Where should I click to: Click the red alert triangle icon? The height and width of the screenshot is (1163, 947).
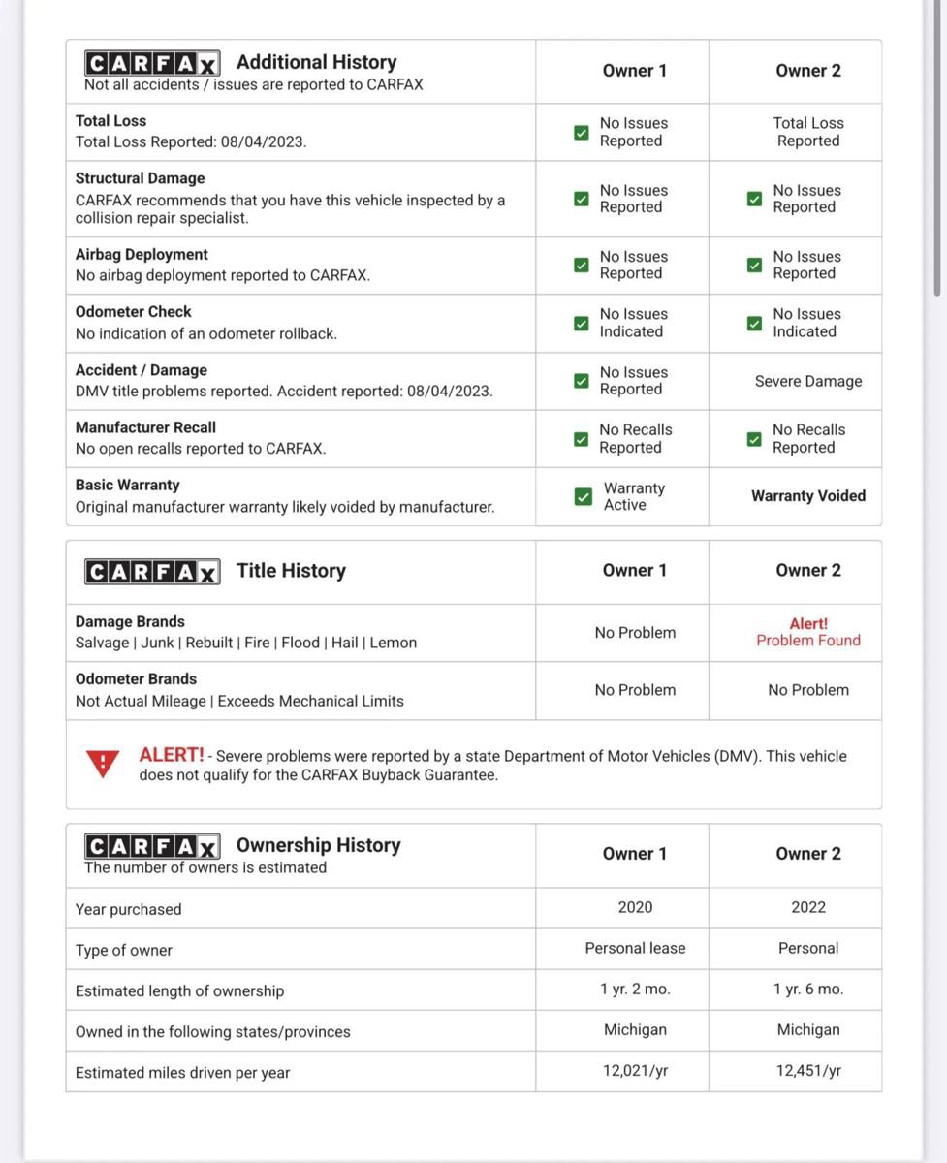[x=103, y=764]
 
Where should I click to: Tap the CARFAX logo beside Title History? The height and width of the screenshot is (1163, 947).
[x=152, y=572]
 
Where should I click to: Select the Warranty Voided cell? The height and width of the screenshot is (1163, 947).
[x=807, y=496]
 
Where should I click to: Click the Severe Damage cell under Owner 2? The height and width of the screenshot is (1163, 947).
[x=807, y=381]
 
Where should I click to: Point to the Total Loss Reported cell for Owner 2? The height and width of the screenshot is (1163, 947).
[x=807, y=132]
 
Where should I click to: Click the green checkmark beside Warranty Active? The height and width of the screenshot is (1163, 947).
[x=583, y=496]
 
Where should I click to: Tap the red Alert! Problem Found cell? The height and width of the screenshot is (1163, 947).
[x=807, y=632]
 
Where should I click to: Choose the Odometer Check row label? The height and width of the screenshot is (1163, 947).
[x=134, y=312]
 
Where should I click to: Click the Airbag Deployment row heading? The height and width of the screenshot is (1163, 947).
[x=142, y=255]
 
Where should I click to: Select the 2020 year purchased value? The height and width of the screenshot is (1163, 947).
[x=635, y=907]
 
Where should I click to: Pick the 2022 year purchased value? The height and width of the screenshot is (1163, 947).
[x=807, y=907]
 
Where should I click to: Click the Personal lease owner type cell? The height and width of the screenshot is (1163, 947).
[x=635, y=948]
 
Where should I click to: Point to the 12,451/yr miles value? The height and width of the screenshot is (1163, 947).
[x=807, y=1071]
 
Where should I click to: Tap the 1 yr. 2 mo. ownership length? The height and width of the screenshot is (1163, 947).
[x=635, y=990]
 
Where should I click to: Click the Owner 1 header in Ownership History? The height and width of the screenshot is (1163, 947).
[x=635, y=854]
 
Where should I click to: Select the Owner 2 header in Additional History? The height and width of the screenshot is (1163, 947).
[x=807, y=71]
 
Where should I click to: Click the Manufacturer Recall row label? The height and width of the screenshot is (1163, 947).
[x=145, y=427]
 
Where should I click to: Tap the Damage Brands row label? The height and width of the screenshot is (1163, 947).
[x=130, y=622]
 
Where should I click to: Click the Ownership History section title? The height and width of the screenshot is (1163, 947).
[x=318, y=845]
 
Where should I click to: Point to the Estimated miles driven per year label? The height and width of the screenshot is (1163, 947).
[x=182, y=1073]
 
